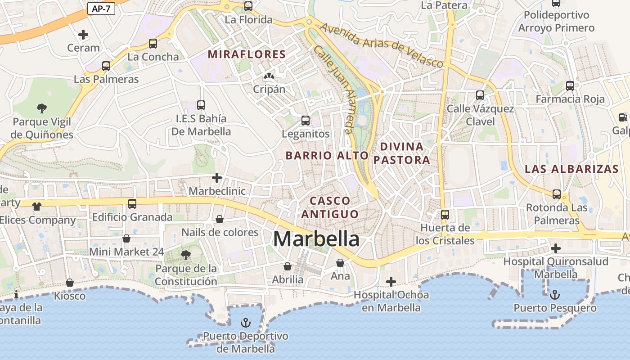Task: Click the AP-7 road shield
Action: click(x=101, y=9)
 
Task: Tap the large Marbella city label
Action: click(x=316, y=239)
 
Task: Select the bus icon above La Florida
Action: click(x=248, y=6)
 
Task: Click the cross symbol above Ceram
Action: click(x=83, y=34)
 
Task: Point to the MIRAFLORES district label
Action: click(x=247, y=54)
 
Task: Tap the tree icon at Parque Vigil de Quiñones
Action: click(x=42, y=108)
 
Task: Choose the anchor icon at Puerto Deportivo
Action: click(x=245, y=322)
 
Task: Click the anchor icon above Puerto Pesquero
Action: click(x=555, y=295)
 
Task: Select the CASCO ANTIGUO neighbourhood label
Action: click(x=330, y=207)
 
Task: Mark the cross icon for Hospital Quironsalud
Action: click(x=556, y=248)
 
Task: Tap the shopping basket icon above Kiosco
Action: click(x=70, y=283)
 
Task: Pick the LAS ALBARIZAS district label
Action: click(x=571, y=169)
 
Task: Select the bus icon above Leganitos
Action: click(x=306, y=121)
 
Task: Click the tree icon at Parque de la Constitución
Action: click(x=185, y=255)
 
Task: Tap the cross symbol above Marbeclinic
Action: click(x=217, y=178)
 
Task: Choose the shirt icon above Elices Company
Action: click(x=36, y=207)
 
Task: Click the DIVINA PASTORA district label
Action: click(x=402, y=153)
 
